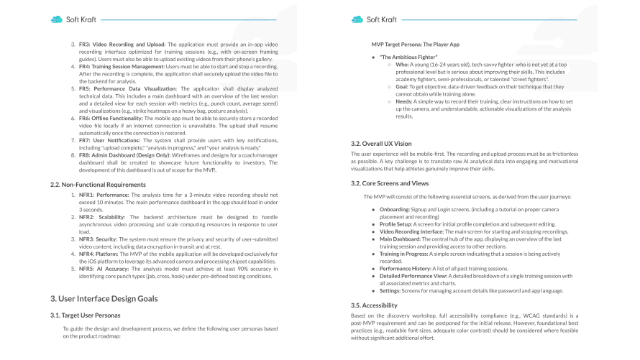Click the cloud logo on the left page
(57, 19)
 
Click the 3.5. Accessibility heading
(375, 305)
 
